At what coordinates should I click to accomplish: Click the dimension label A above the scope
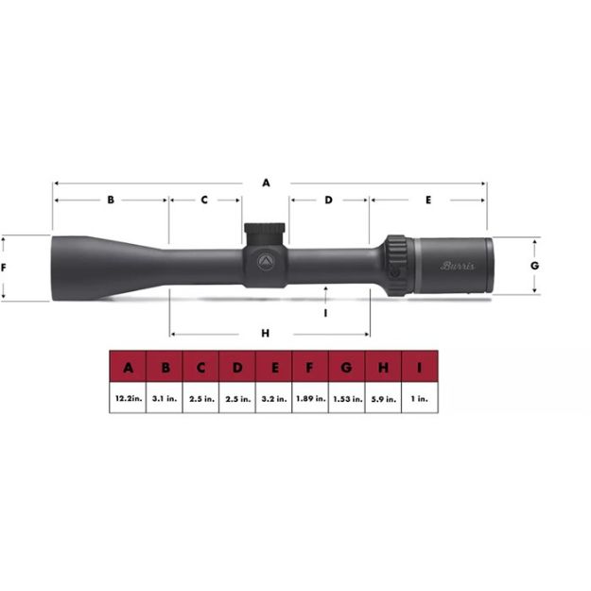(266, 183)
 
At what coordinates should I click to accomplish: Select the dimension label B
(111, 200)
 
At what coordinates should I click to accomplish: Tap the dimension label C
(204, 200)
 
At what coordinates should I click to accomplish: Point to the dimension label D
(328, 200)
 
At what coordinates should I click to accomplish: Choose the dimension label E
(428, 200)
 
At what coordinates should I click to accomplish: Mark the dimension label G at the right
(534, 266)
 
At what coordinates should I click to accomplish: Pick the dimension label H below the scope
(266, 333)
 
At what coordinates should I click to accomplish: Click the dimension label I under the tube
(325, 311)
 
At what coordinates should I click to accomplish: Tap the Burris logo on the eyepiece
(458, 266)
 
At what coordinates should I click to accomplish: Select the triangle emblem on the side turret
(266, 262)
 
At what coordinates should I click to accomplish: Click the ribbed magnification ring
(396, 265)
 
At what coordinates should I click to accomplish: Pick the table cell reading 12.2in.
(129, 399)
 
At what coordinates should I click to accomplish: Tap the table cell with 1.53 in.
(347, 399)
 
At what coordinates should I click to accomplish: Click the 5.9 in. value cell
(384, 399)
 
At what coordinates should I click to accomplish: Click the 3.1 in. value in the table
(165, 399)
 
